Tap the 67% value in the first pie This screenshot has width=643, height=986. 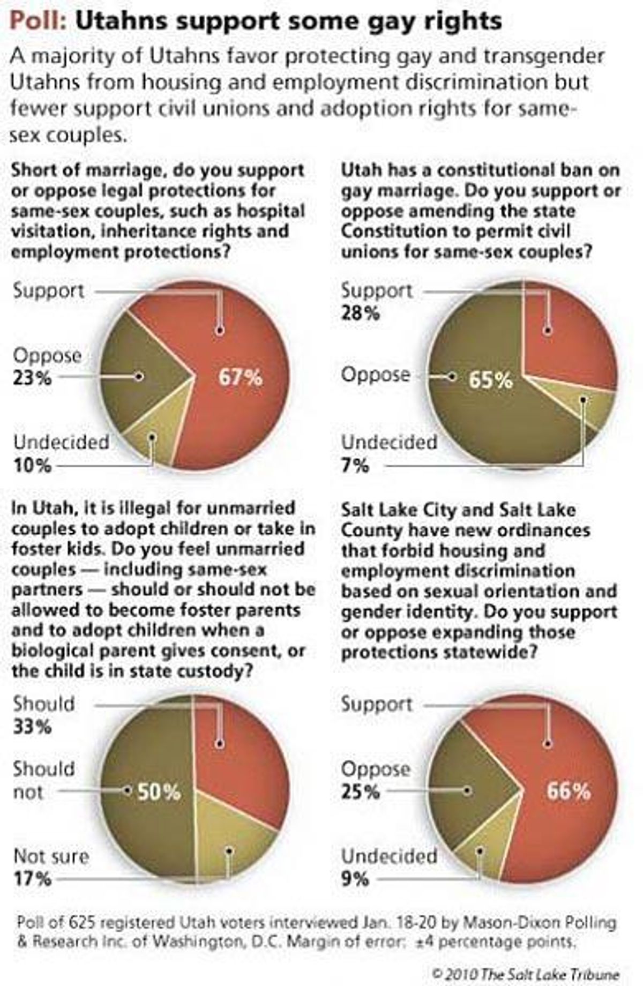[240, 378]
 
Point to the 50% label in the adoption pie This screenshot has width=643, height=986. [159, 792]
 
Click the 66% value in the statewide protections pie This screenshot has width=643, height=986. [568, 791]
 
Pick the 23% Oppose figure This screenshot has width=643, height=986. [32, 378]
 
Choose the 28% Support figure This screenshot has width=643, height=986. [361, 313]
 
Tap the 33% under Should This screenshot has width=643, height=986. [32, 727]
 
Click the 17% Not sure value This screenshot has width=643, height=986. [32, 879]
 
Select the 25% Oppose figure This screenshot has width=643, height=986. [361, 792]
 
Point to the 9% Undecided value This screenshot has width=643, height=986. [355, 879]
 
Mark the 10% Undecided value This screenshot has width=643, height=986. [32, 465]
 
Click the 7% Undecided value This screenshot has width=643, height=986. [355, 465]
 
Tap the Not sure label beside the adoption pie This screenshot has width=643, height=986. [51, 856]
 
